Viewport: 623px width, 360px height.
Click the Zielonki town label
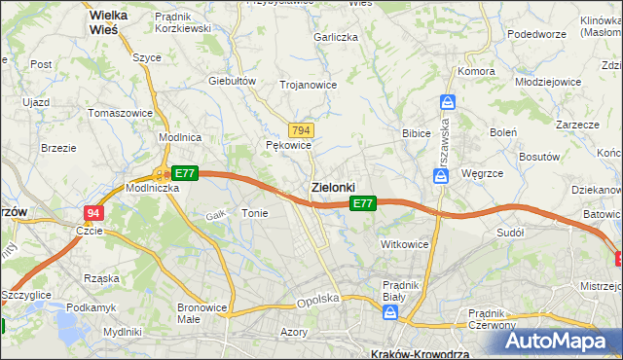(332, 186)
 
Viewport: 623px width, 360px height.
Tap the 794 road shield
(301, 130)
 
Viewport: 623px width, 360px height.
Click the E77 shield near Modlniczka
(187, 173)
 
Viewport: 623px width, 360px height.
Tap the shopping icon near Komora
(447, 101)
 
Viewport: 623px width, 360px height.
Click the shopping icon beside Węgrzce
(441, 175)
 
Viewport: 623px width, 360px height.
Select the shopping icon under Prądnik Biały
(390, 312)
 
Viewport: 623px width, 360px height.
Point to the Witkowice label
(405, 244)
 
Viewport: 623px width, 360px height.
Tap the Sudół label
(510, 233)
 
